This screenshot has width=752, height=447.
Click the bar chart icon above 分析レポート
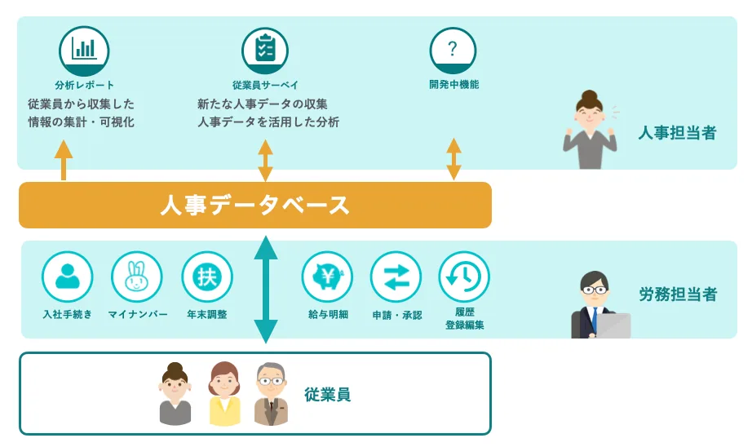[x=84, y=50]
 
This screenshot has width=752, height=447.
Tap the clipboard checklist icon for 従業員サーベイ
[x=265, y=50]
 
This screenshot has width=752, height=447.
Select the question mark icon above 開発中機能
[x=453, y=50]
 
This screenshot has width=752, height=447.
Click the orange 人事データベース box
[x=254, y=205]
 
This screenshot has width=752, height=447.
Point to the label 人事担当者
[x=677, y=133]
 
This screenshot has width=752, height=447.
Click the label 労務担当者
[x=678, y=294]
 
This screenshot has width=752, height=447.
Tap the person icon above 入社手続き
[x=68, y=277]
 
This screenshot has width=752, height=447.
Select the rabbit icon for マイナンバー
[x=137, y=277]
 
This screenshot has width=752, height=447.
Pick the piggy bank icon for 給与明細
[x=328, y=277]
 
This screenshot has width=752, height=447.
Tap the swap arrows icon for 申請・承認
[x=396, y=277]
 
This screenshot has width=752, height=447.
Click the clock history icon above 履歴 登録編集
[x=464, y=277]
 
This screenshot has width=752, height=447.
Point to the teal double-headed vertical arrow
[x=266, y=290]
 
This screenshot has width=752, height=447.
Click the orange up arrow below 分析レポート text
[x=64, y=160]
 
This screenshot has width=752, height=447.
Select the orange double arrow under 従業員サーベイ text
[x=265, y=160]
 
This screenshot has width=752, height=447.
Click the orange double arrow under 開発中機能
[x=453, y=160]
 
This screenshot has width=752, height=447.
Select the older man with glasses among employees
[x=271, y=395]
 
